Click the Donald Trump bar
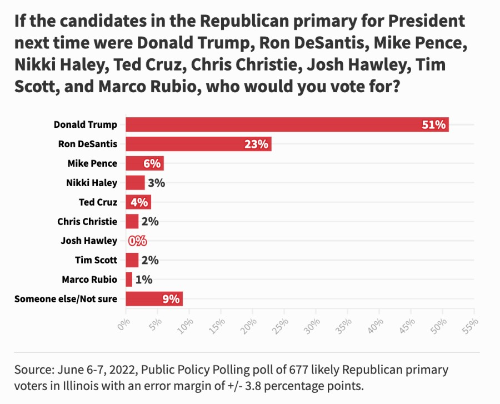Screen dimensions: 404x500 (x=287, y=124)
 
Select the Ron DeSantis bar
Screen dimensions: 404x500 (x=198, y=144)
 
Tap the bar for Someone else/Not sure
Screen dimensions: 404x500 (x=154, y=299)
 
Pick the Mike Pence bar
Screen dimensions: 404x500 (x=144, y=163)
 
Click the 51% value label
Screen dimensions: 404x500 (x=434, y=125)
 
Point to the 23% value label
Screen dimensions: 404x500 (x=257, y=144)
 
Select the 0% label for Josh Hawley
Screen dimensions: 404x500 (x=137, y=241)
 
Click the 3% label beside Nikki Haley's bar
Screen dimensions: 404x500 (x=156, y=183)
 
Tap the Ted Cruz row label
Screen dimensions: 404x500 (x=98, y=202)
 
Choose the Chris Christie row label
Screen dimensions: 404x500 (x=87, y=222)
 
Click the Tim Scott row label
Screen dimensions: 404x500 (x=96, y=260)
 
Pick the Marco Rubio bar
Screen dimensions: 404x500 (x=129, y=280)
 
